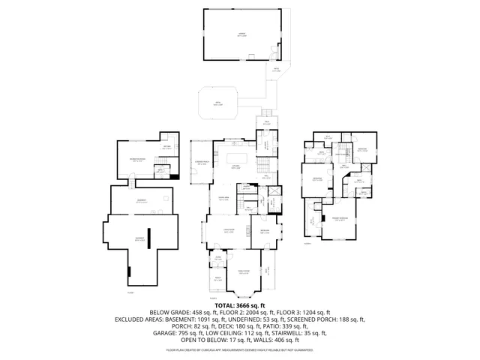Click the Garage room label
point(240,35)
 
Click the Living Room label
point(229,232)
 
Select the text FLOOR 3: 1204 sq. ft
point(304,312)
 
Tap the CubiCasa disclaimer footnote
point(240,349)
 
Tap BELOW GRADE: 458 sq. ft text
point(178,312)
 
